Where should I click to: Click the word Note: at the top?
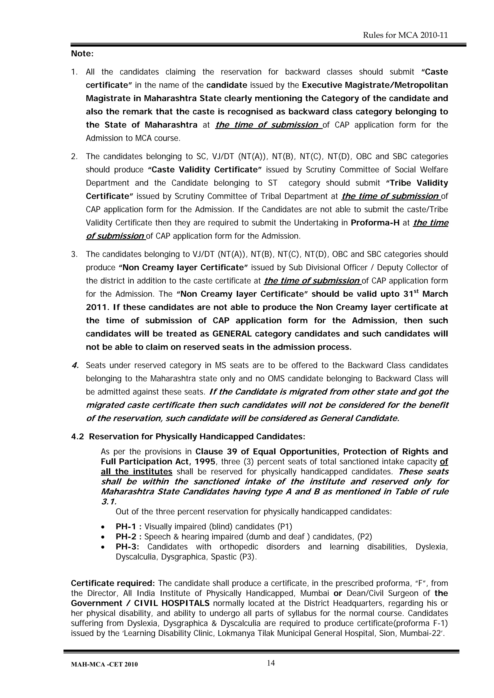[x=82, y=54]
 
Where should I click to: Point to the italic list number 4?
[x=75, y=366]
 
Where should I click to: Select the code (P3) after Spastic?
[x=248, y=557]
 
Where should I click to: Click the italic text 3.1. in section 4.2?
[x=109, y=502]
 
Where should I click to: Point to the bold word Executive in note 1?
[x=322, y=85]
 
